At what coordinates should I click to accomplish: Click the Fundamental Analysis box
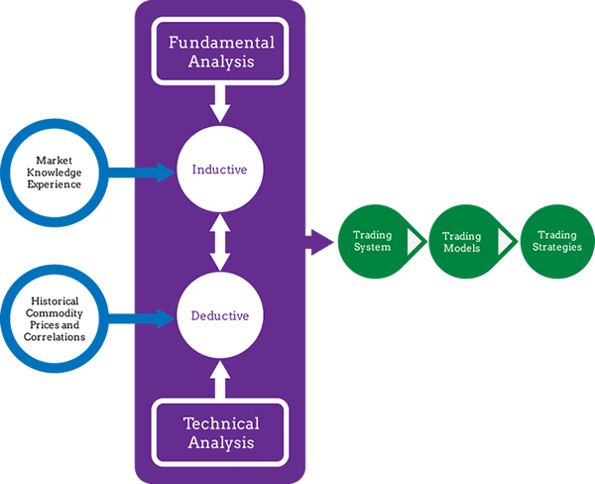220,51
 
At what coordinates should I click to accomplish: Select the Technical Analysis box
220,432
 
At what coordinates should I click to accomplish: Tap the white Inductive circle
220,169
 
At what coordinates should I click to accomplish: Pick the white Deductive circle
220,315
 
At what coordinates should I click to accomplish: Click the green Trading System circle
374,241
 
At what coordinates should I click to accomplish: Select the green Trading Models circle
465,241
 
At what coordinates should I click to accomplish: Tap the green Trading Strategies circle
557,241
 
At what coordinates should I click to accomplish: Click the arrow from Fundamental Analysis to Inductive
220,103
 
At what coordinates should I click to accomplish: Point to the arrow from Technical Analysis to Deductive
220,379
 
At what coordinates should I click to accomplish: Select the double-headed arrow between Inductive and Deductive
220,242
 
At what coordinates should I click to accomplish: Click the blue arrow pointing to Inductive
142,173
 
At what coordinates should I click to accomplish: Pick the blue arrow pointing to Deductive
142,318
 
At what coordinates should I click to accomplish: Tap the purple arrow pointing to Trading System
319,242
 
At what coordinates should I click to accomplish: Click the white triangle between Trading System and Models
415,241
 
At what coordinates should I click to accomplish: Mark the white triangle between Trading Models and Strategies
506,241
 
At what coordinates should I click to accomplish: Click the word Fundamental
221,42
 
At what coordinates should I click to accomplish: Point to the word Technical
221,423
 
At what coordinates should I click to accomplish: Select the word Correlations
55,337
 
